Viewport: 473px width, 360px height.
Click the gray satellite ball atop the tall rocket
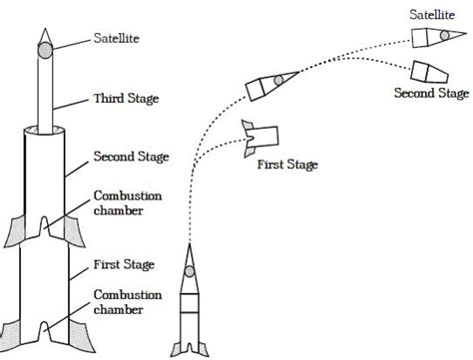click(45, 51)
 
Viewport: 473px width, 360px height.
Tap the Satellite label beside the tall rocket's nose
click(116, 38)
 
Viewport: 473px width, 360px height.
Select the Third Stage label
click(126, 99)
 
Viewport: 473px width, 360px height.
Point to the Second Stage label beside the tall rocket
click(131, 157)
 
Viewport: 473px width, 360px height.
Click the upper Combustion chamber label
click(128, 202)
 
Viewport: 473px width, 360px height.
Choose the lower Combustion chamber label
click(128, 302)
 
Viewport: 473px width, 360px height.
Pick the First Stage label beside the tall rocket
click(124, 264)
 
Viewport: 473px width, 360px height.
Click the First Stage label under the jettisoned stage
click(287, 165)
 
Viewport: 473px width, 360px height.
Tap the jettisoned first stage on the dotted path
click(260, 138)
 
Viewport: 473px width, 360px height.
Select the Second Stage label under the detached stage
click(432, 93)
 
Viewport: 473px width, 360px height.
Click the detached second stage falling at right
click(429, 72)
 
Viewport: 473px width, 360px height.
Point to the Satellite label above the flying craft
click(432, 15)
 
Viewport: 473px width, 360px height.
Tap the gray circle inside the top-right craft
click(444, 35)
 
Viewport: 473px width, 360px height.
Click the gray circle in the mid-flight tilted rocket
click(278, 80)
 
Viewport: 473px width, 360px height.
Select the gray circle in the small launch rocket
click(190, 271)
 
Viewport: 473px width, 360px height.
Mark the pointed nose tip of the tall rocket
click(45, 29)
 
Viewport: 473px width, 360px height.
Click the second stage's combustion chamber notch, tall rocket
click(44, 226)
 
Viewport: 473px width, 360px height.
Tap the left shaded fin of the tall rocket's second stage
click(15, 232)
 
